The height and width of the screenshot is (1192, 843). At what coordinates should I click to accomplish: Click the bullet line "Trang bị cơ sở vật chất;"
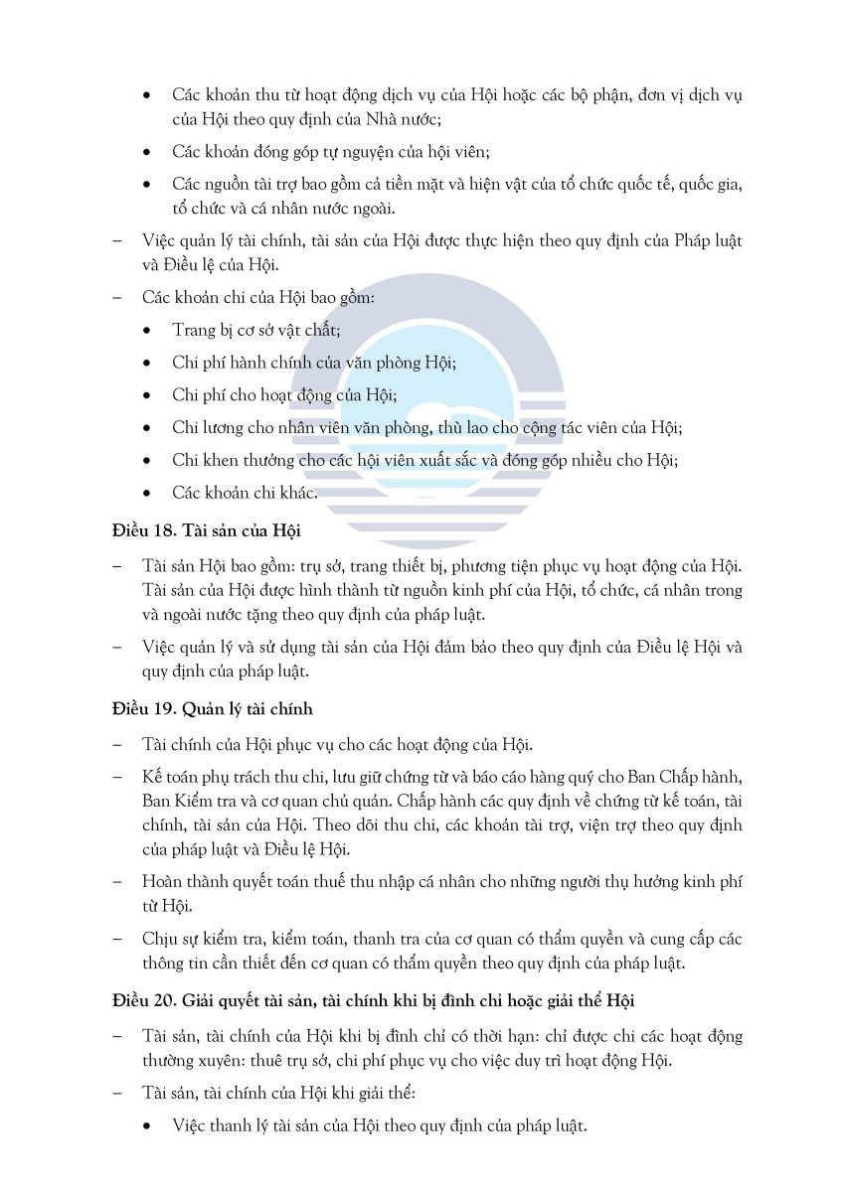tap(256, 330)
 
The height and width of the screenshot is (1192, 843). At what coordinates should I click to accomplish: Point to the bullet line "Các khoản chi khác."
tap(245, 492)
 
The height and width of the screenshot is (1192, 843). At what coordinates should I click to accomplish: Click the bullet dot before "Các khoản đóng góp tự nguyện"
tap(148, 152)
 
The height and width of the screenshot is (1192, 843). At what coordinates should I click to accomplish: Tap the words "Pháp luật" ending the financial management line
tap(708, 241)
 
